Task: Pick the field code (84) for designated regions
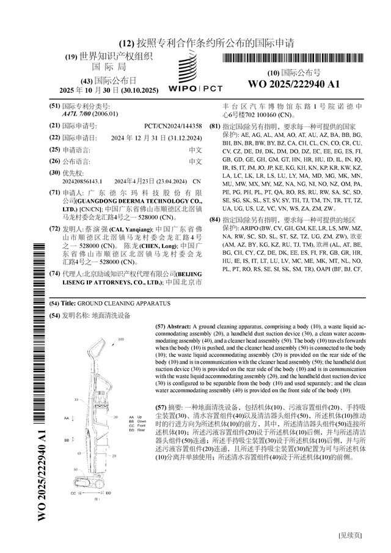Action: point(214,218)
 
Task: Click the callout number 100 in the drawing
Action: point(121,339)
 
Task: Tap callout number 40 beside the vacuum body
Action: point(80,453)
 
